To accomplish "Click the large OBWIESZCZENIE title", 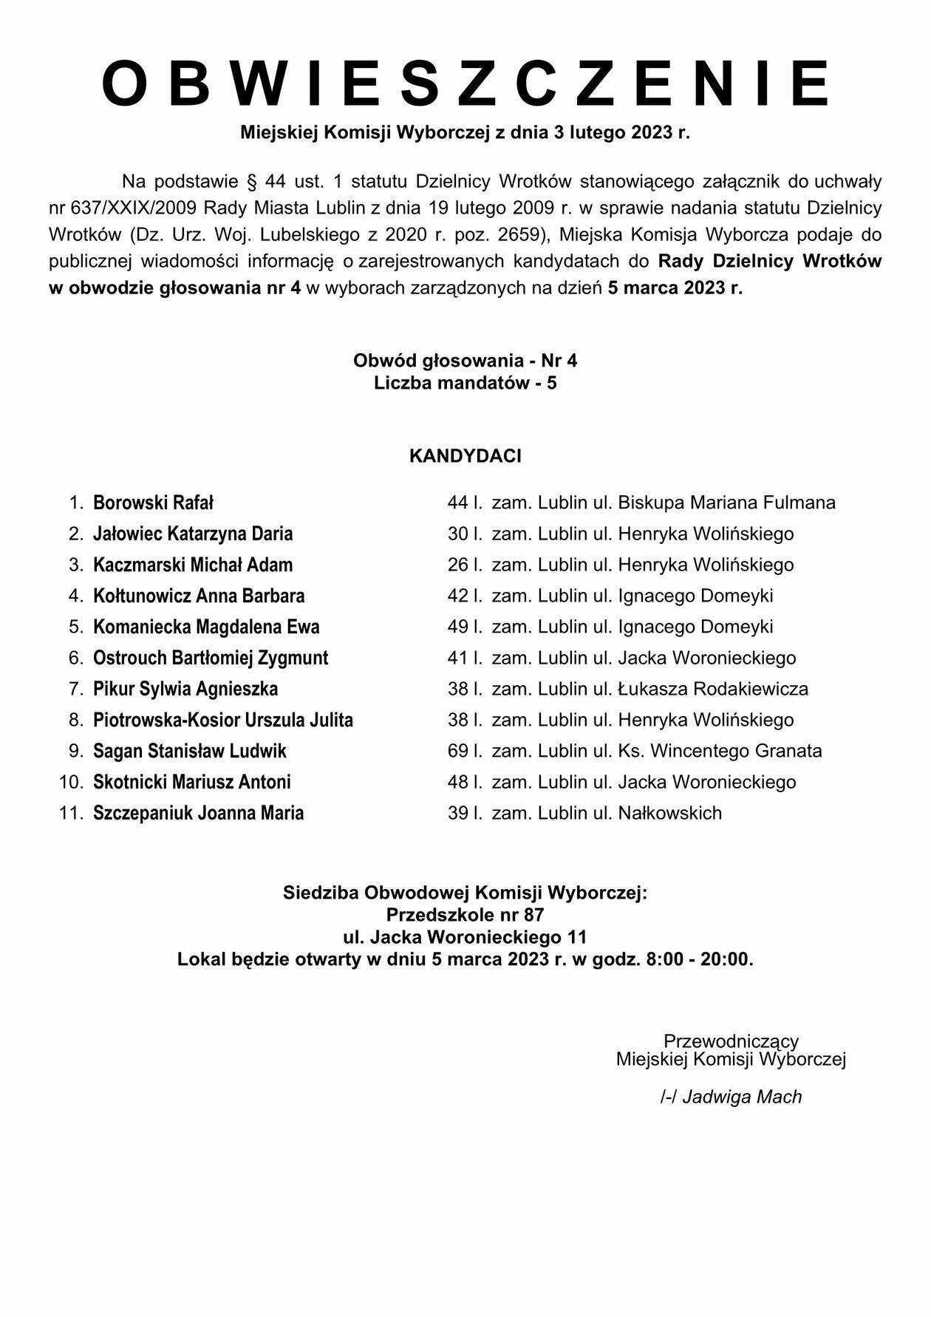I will [465, 84].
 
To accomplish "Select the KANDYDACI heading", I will [465, 456].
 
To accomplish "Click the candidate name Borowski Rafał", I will [153, 503].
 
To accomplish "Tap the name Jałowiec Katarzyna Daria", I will [193, 534].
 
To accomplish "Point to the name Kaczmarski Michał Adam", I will [193, 565].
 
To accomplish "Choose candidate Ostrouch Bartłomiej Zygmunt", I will [211, 658].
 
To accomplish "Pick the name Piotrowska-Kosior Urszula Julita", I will [223, 721].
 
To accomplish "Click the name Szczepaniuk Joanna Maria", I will [199, 814].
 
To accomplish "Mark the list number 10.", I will [72, 783].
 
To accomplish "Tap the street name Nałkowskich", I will [669, 814].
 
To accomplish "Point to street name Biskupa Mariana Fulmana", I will [726, 503].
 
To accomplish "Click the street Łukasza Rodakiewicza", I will [713, 690].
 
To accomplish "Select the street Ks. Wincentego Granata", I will [720, 752].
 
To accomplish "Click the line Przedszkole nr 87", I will [465, 915].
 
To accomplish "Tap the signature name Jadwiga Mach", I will [742, 1097].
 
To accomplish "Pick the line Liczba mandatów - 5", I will [465, 384].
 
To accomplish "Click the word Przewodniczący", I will [731, 1041].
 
